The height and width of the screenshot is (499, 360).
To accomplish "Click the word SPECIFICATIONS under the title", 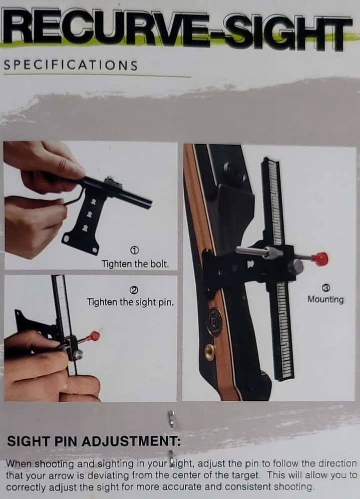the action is [x=70, y=65].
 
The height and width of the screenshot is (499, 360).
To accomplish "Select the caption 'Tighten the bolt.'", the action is [x=135, y=264].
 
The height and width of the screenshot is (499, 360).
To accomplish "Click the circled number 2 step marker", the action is [x=134, y=290].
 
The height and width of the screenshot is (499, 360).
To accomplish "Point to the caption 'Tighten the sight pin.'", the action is [x=130, y=302].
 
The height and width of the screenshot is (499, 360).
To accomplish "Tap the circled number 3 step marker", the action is [x=326, y=288].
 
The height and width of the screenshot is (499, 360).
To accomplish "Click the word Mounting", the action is [x=326, y=299].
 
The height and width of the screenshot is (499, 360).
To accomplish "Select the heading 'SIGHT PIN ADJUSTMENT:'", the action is [x=94, y=442].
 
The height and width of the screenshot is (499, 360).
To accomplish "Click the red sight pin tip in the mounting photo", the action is [x=320, y=259].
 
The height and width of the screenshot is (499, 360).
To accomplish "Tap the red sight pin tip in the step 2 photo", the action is [x=94, y=336].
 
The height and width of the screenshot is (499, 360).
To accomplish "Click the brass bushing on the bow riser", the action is [x=210, y=351].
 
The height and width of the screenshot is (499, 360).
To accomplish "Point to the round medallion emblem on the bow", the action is [x=215, y=322].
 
